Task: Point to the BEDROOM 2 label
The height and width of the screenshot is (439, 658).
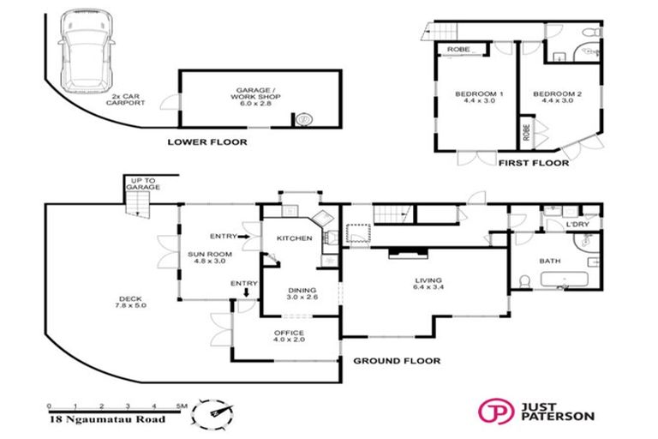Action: coord(557,96)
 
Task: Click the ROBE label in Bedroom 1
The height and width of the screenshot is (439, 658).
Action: coord(457,51)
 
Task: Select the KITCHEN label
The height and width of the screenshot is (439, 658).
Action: coord(294,238)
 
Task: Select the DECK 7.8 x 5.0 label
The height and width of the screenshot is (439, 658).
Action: coord(131,304)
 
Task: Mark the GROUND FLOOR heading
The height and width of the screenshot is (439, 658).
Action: coord(397,361)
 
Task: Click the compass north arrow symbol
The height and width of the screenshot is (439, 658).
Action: coord(212,412)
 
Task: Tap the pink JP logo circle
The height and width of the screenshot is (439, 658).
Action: coord(493,412)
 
